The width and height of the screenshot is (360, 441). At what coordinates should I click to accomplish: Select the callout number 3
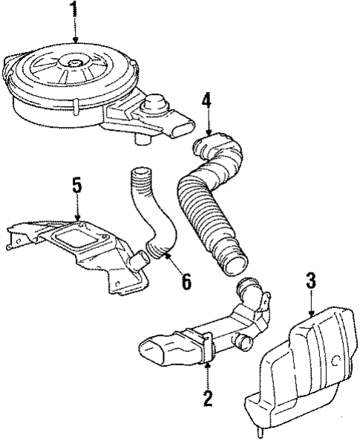point(311,280)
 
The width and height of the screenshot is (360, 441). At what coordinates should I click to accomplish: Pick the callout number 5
point(76,183)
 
